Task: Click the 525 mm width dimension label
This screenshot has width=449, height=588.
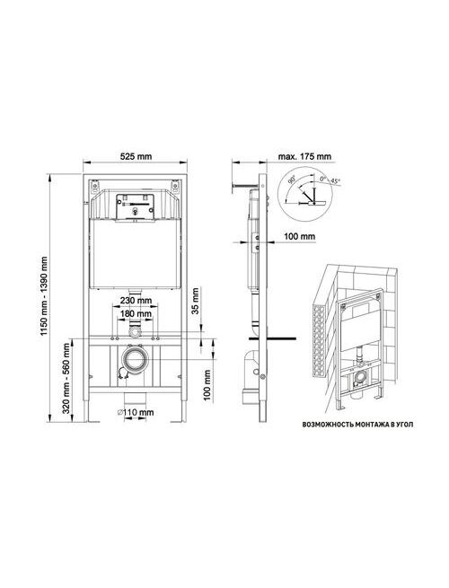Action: [x=136, y=156]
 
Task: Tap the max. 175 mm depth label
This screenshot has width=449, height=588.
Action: [x=304, y=156]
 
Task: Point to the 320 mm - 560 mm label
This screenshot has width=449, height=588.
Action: [x=66, y=379]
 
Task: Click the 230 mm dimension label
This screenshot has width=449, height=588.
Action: [x=136, y=300]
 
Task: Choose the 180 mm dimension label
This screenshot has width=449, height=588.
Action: [x=136, y=313]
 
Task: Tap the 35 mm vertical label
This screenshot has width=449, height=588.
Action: [x=195, y=301]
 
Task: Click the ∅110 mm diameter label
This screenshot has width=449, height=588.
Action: [x=136, y=412]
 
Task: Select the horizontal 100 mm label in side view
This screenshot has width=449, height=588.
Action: [x=299, y=236]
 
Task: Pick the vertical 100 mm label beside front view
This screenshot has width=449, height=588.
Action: [x=207, y=385]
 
